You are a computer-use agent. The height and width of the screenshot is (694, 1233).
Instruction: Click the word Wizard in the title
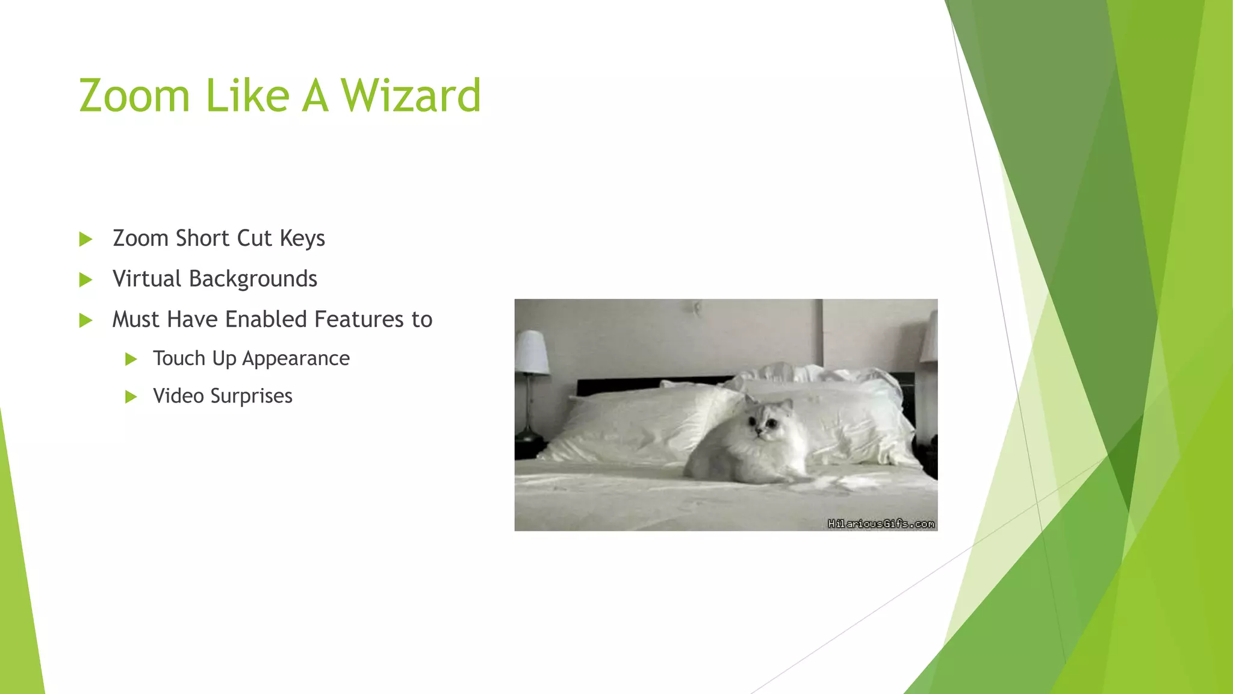tap(411, 96)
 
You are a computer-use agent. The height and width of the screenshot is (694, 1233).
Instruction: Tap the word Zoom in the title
tap(134, 96)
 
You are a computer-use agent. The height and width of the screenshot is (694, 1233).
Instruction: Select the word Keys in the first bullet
tap(302, 239)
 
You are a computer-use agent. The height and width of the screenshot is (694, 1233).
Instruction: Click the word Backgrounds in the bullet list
tap(253, 279)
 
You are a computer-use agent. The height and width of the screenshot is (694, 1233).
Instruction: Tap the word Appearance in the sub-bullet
tap(296, 359)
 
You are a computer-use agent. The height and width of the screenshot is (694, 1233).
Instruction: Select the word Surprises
tap(251, 396)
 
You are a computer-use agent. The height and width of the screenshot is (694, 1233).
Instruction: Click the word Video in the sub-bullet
tap(178, 396)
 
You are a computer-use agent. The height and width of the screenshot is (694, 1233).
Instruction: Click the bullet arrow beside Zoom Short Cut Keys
tap(85, 239)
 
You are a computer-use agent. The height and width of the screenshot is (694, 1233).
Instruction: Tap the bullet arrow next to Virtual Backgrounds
tap(85, 280)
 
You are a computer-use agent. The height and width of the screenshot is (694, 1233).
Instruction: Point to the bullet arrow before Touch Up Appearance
tap(131, 360)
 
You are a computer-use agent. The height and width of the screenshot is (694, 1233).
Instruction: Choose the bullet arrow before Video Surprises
tap(131, 397)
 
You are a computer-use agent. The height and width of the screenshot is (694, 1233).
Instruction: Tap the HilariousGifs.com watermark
tap(881, 524)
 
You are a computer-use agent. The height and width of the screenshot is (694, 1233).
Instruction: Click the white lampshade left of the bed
tap(532, 352)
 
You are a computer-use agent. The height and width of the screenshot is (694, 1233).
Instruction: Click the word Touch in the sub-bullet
tap(179, 359)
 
